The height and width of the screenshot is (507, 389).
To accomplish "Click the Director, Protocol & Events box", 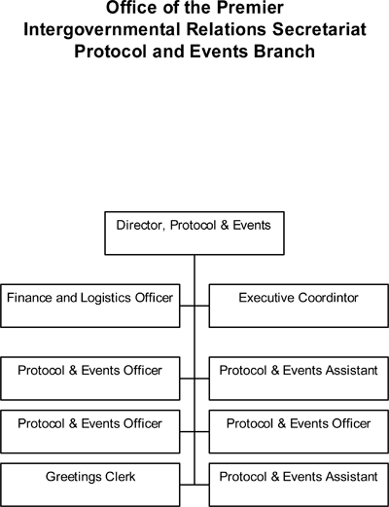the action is click(x=194, y=234).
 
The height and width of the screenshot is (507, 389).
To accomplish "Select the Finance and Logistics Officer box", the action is click(x=90, y=306).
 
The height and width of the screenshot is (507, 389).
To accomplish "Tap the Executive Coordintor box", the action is click(x=299, y=306).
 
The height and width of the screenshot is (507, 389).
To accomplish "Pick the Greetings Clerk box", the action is click(x=90, y=485).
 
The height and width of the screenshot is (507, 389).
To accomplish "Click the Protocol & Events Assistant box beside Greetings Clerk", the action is click(x=299, y=485).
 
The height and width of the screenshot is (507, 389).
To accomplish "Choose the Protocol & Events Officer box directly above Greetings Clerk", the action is click(x=90, y=432).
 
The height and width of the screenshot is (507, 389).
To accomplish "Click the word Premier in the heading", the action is click(x=250, y=8).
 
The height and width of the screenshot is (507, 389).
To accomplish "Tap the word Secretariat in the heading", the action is click(x=319, y=29).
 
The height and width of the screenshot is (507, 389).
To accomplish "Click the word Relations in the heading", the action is click(x=227, y=29).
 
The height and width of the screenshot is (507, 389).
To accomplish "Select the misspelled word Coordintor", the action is click(x=329, y=298).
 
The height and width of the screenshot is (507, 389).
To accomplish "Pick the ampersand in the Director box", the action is click(x=225, y=226).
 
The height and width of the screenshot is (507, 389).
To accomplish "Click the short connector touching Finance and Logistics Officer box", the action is click(x=187, y=306).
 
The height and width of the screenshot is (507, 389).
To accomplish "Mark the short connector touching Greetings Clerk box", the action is click(x=187, y=485).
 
